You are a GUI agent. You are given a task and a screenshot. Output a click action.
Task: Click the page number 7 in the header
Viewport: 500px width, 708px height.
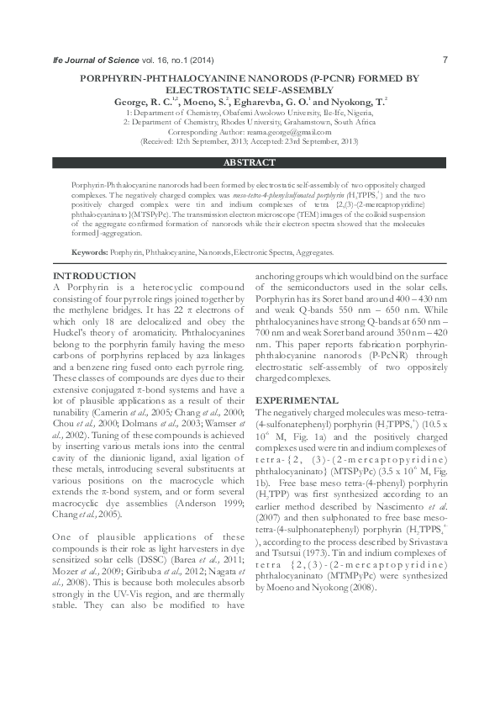click(445, 60)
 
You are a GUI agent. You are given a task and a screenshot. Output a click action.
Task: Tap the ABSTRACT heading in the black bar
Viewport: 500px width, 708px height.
click(250, 162)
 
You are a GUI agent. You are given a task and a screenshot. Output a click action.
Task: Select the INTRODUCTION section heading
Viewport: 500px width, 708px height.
click(93, 276)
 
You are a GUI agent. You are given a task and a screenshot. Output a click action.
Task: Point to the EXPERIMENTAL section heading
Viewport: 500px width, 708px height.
click(297, 401)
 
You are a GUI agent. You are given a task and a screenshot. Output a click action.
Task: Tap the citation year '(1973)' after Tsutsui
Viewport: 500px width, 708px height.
click(342, 554)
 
